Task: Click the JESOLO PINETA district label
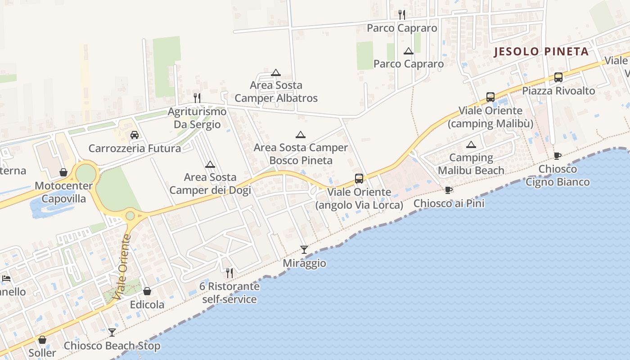(541, 51)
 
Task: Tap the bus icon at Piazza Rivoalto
(558, 77)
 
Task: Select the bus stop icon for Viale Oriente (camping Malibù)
(490, 97)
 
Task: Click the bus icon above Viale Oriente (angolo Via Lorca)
(359, 178)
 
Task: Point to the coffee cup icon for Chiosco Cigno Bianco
(558, 156)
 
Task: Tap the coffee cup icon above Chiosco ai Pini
(448, 190)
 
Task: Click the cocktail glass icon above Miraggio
(304, 249)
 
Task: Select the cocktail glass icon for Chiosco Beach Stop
(112, 332)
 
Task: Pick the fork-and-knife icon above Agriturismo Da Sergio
(197, 98)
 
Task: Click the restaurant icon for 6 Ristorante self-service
(229, 273)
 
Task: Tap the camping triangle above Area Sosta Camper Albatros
(276, 72)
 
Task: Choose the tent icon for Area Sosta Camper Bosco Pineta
(301, 134)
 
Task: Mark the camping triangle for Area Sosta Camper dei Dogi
(210, 164)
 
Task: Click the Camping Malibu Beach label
(471, 164)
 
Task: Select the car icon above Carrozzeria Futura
(135, 135)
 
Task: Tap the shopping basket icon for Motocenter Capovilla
(63, 172)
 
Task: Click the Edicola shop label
(147, 305)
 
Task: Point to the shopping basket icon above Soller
(42, 339)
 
